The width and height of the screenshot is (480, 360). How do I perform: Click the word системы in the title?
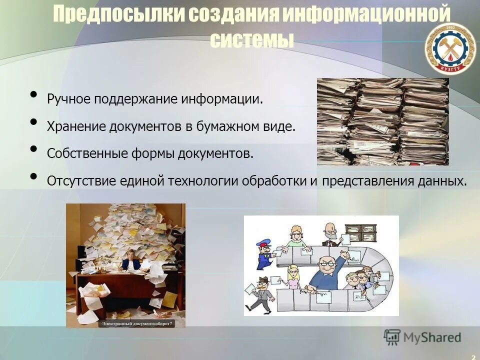(251, 39)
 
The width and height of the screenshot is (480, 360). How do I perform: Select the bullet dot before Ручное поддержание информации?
(33, 94)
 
